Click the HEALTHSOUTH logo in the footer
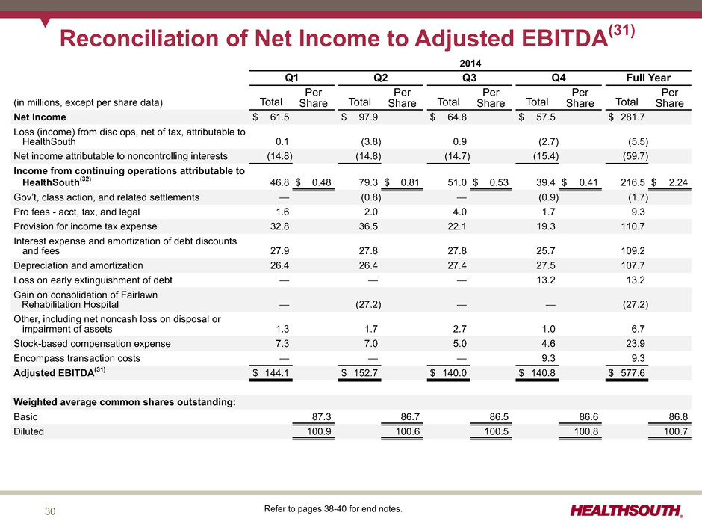coord(627,511)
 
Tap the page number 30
coord(50,511)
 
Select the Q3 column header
coord(469,78)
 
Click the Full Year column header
coord(648,78)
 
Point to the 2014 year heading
coord(470,64)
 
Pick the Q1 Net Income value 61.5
coord(279,117)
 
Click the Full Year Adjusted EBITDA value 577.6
coord(633,373)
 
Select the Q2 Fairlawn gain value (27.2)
coord(368,305)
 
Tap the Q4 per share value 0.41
coord(588,182)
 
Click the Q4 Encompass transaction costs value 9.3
coord(548,358)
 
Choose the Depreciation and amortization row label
coord(78,265)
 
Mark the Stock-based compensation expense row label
coord(92,344)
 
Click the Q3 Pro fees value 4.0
coord(460,212)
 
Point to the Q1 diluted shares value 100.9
coord(319,431)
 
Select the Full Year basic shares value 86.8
coord(678,417)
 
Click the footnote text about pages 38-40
coord(333,508)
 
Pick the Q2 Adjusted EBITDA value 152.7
coord(365,373)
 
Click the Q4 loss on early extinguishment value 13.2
coord(546,280)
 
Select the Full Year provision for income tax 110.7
coord(633,226)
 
